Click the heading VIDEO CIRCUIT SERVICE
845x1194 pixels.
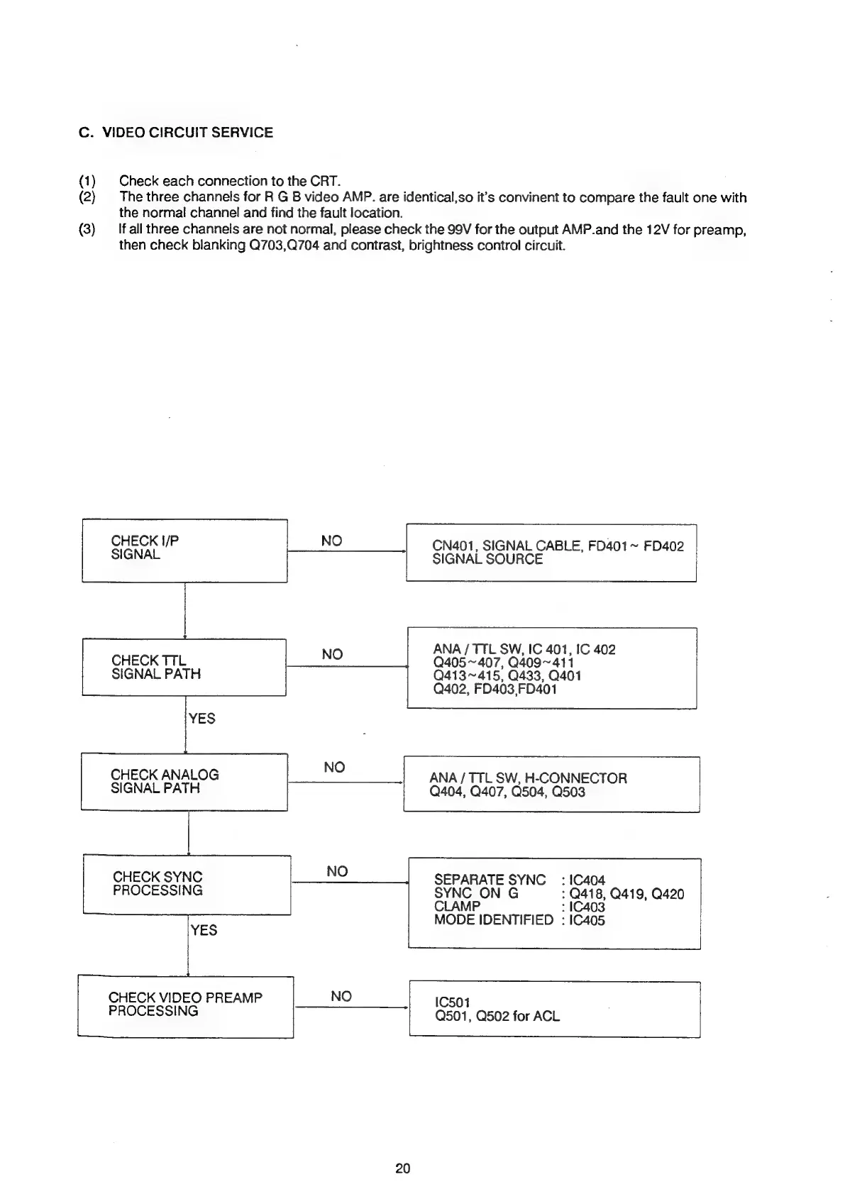pyautogui.click(x=187, y=133)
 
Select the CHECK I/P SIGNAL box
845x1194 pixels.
pyautogui.click(x=184, y=551)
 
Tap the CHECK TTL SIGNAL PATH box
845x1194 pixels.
pyautogui.click(x=184, y=667)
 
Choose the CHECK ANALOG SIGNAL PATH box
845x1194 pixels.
pyautogui.click(x=184, y=781)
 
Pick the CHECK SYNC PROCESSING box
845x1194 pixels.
pyautogui.click(x=187, y=884)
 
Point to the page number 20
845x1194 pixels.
pyautogui.click(x=403, y=1168)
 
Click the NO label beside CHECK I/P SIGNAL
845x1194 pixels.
pyautogui.click(x=331, y=541)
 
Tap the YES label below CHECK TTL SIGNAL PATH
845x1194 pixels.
pyautogui.click(x=201, y=719)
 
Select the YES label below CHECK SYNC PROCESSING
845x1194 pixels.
pyautogui.click(x=204, y=930)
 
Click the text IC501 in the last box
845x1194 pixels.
pyautogui.click(x=452, y=1002)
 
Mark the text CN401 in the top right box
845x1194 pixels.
pyautogui.click(x=453, y=546)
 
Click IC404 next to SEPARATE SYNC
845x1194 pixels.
pyautogui.click(x=587, y=880)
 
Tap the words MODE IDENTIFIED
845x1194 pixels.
pyautogui.click(x=493, y=920)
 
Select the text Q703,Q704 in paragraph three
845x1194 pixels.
pyautogui.click(x=280, y=246)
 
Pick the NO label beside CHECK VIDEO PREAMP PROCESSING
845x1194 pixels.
pyautogui.click(x=341, y=996)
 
